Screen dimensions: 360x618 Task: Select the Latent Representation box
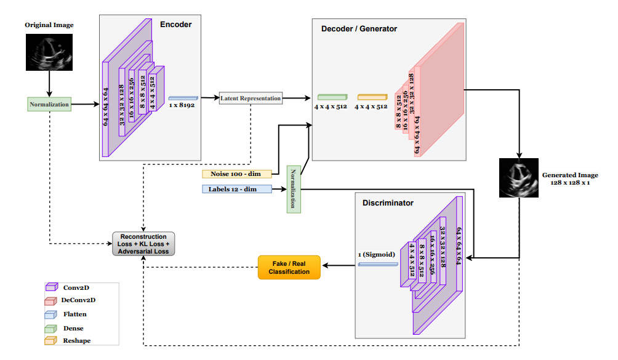click(251, 98)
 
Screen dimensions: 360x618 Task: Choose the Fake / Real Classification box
click(289, 267)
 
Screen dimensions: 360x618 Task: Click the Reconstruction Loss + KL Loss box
click(143, 244)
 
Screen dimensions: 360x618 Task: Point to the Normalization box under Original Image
click(49, 104)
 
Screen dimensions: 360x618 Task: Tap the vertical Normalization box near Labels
click(294, 189)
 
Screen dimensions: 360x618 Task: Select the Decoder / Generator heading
click(359, 28)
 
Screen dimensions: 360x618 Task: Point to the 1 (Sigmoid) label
click(377, 254)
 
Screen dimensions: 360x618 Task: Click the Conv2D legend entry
click(75, 287)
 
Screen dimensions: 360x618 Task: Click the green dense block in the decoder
click(332, 97)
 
